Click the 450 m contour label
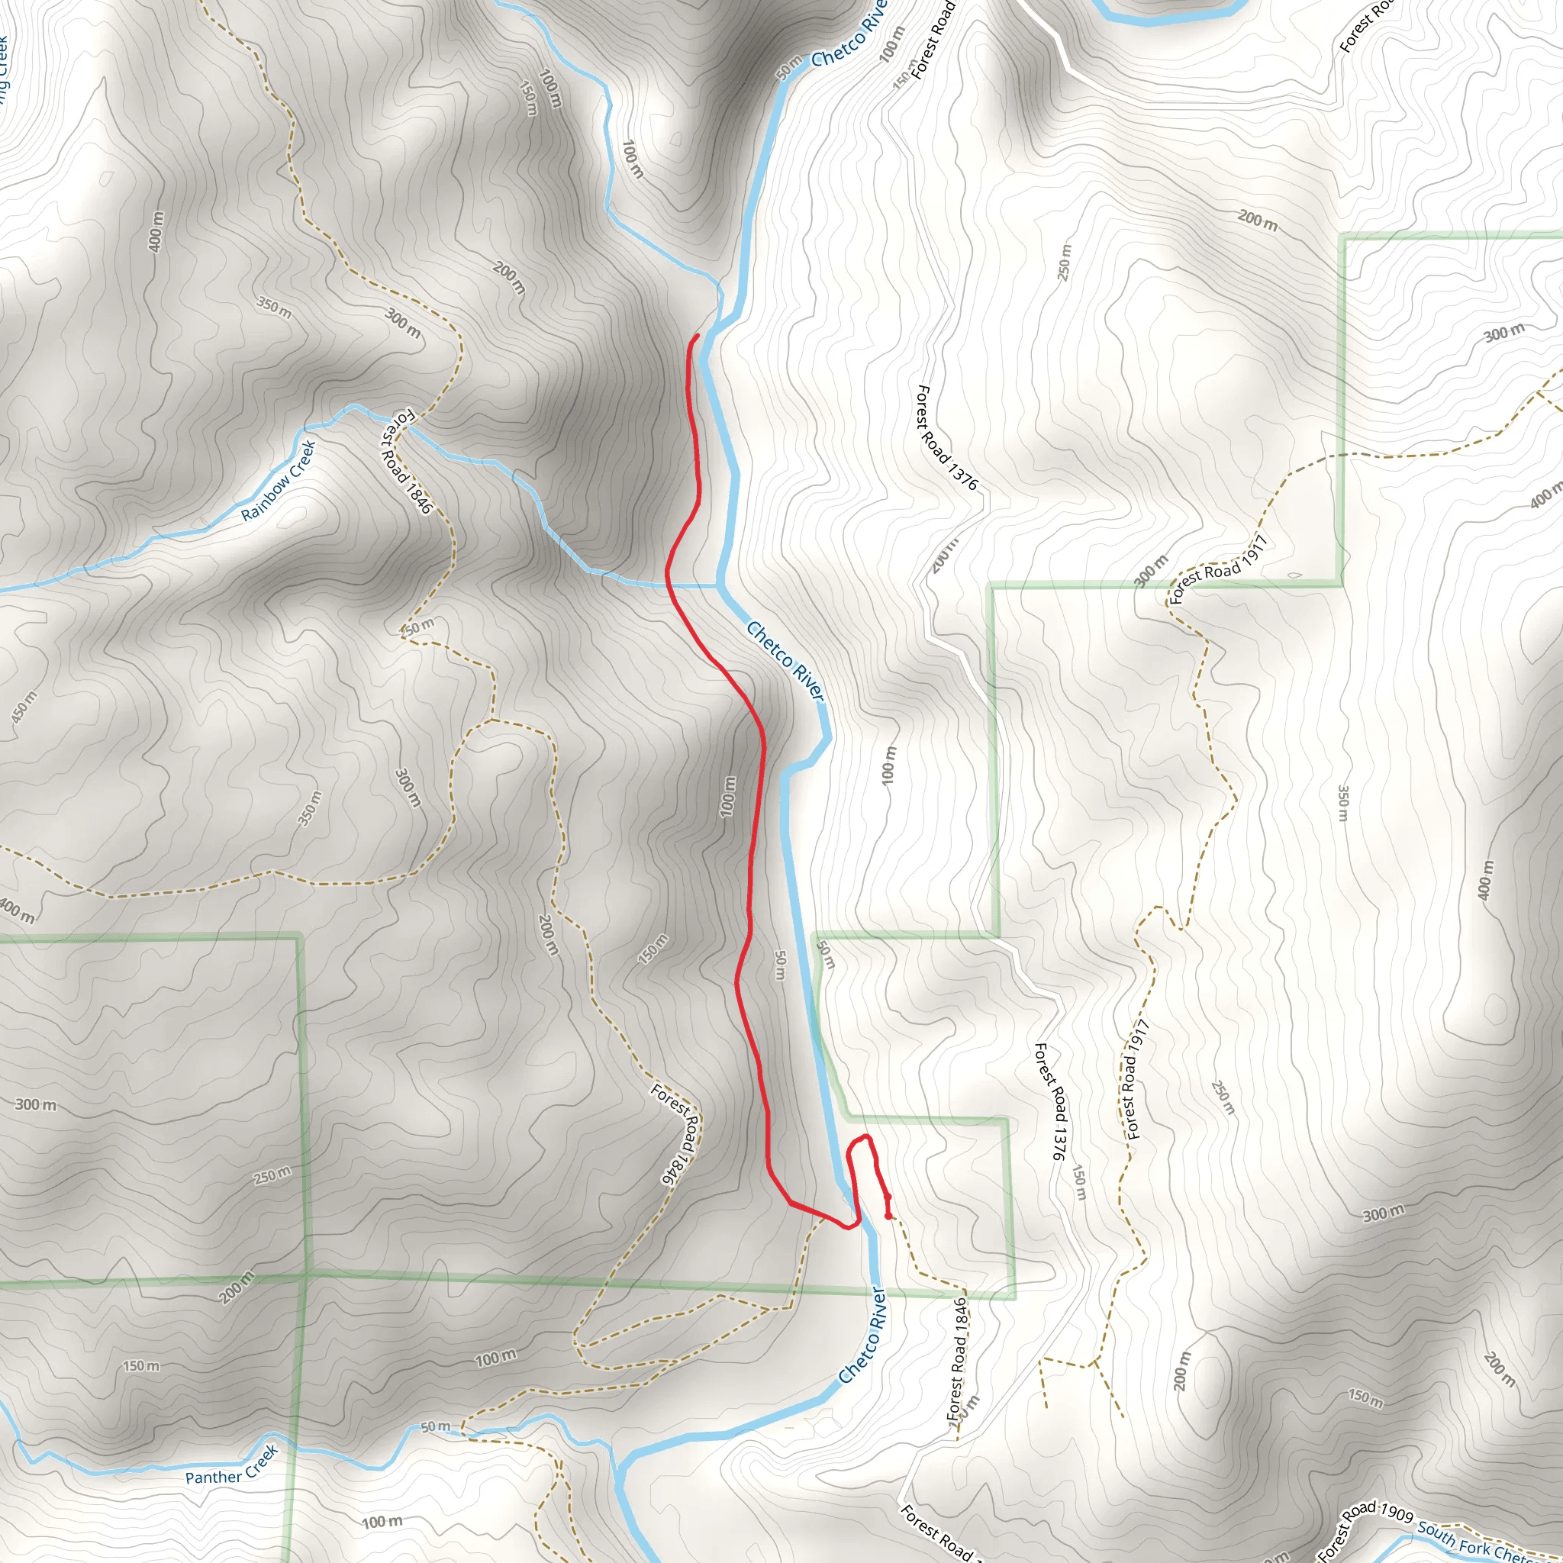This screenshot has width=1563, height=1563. click(24, 707)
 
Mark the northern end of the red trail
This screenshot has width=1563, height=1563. click(698, 336)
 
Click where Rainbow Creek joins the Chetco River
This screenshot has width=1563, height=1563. click(718, 585)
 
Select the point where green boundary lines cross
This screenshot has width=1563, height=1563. click(308, 1275)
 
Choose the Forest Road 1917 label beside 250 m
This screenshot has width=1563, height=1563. click(1136, 1080)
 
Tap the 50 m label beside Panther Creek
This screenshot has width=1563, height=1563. click(435, 1426)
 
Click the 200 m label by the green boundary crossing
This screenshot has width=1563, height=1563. click(237, 1287)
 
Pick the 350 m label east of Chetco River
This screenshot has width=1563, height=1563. click(1343, 804)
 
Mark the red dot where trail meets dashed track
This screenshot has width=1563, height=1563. click(889, 1215)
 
